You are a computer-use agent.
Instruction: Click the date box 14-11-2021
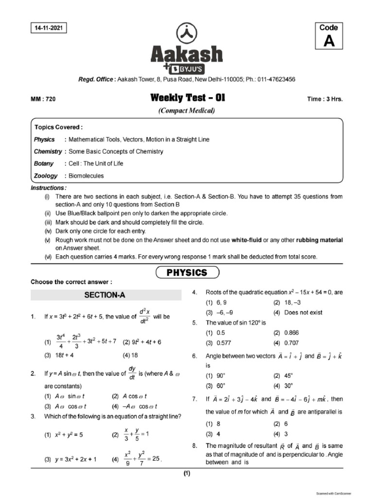48,28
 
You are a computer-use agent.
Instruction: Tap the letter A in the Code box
329,42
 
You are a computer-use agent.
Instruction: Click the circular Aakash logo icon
186,33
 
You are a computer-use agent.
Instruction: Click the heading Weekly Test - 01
188,99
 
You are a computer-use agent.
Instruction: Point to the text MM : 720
43,99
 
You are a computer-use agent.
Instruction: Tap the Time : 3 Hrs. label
325,99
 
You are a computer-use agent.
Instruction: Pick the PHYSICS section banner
187,272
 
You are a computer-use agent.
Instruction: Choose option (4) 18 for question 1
131,355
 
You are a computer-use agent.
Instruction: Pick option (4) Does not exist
298,312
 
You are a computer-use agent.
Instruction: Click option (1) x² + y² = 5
64,435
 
